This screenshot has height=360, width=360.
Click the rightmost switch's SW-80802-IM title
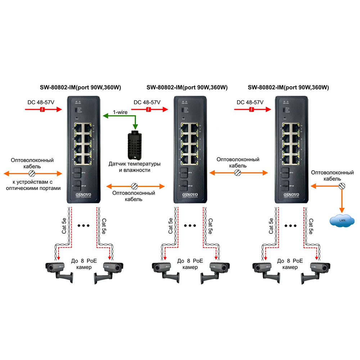(288, 87)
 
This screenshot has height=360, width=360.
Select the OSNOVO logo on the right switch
(291, 194)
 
